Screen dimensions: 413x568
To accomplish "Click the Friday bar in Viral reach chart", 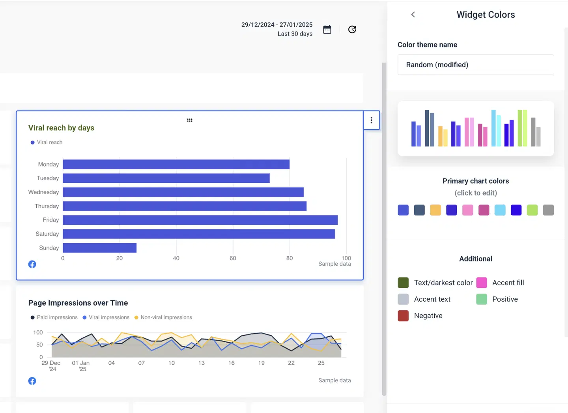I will click(200, 220).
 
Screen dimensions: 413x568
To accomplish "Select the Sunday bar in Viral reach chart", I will click(99, 248).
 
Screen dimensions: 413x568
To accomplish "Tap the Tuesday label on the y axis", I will click(48, 178).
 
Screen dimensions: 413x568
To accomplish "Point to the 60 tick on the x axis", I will click(233, 258).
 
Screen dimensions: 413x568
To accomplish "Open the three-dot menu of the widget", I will click(371, 120).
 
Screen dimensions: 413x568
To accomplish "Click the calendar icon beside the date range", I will click(327, 30).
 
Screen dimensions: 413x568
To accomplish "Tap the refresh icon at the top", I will click(352, 30).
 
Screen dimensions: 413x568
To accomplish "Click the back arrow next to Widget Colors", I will click(413, 15).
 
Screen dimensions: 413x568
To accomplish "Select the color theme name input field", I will click(476, 65).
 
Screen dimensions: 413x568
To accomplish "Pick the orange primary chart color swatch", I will click(435, 210).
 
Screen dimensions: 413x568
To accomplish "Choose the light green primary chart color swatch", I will click(532, 210).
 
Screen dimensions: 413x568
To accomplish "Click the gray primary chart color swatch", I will click(548, 210).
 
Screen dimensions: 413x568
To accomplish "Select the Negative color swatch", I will click(403, 316).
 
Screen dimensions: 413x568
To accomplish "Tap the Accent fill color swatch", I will click(482, 283).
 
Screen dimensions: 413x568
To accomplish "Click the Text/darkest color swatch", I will click(403, 283).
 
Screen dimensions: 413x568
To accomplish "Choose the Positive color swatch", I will click(482, 299).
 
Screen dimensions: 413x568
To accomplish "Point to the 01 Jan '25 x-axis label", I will click(81, 366).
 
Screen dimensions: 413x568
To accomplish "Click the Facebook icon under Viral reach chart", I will click(32, 265).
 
